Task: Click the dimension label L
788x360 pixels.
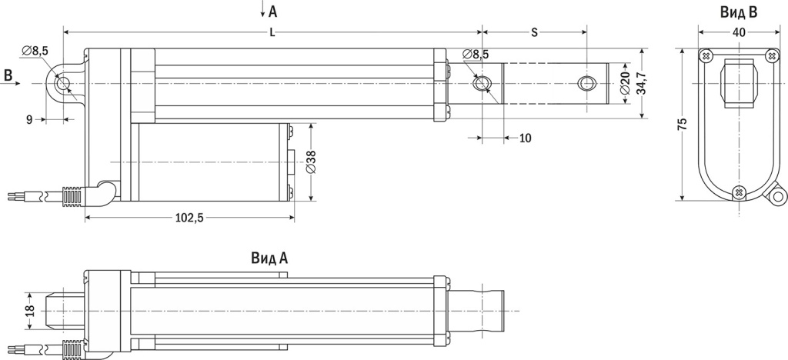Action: point(273,32)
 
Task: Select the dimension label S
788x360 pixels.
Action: point(534,32)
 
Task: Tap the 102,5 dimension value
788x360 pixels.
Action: point(189,218)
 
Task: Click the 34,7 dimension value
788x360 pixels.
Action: point(640,83)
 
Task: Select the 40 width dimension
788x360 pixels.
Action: point(739,32)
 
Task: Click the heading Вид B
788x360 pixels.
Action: point(739,12)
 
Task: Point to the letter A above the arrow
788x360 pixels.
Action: point(273,11)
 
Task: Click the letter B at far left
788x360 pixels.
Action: point(8,75)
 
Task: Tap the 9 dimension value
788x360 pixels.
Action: point(29,119)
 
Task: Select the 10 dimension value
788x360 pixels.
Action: point(525,138)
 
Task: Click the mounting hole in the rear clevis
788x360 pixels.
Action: point(63,83)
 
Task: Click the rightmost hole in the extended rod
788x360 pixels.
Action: point(587,83)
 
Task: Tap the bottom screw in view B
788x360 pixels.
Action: point(740,191)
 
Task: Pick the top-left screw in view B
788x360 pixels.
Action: point(706,56)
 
